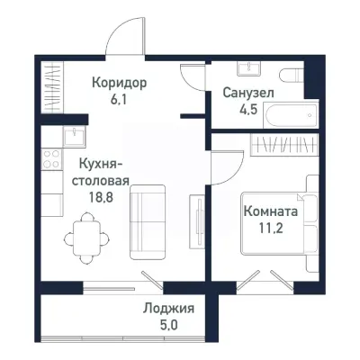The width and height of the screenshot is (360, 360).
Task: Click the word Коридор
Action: click(119, 83)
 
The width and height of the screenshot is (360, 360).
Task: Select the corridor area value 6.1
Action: click(119, 101)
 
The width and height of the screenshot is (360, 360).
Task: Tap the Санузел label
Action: click(248, 94)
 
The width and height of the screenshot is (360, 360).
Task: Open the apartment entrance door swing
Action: click(123, 40)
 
